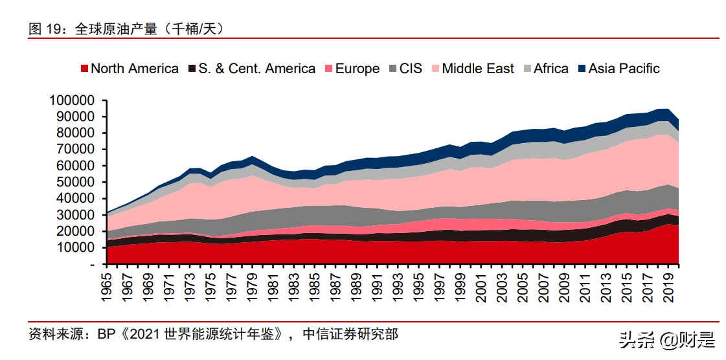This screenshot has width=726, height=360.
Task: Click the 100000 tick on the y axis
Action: pos(72,100)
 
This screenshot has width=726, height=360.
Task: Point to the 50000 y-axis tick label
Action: pos(76,182)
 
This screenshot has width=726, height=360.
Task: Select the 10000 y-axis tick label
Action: pos(76,247)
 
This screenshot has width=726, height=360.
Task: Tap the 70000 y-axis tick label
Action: pos(76,149)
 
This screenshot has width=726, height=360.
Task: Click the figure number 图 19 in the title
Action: pos(49,29)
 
